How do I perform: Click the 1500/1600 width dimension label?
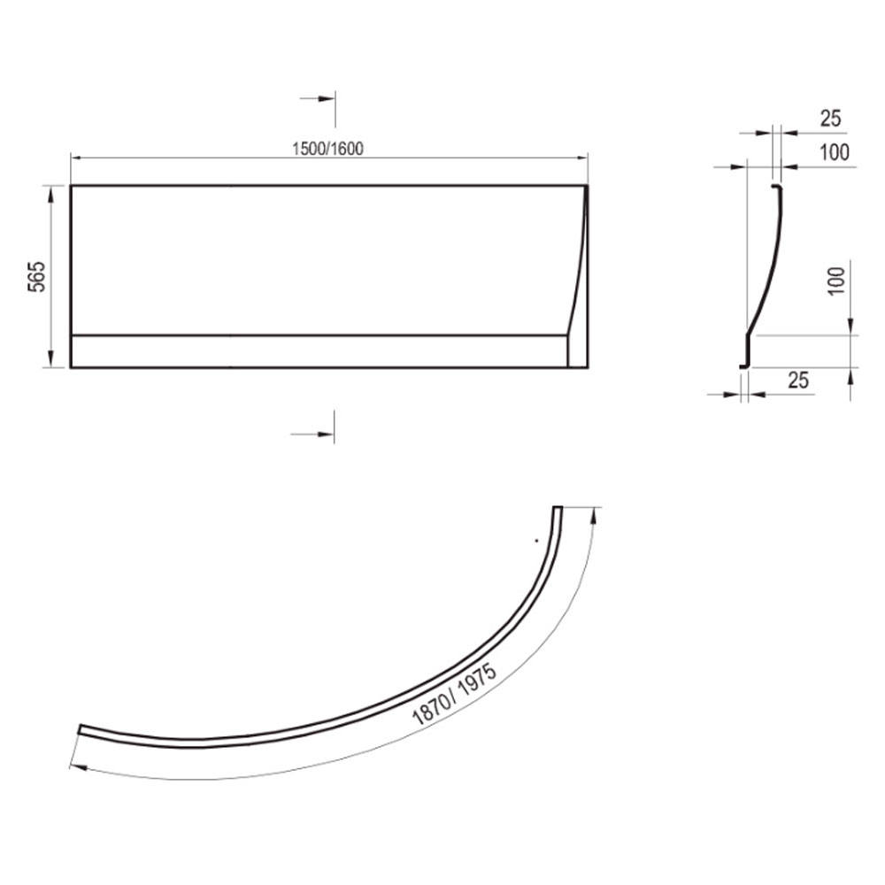(327, 149)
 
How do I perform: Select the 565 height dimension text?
(36, 276)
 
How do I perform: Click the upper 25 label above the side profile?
(830, 118)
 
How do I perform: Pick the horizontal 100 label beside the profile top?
(834, 152)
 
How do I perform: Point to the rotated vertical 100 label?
(836, 281)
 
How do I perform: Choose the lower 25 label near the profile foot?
(797, 380)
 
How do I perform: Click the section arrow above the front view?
(317, 99)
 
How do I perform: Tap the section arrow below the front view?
(312, 435)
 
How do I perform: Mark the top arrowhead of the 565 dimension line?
(51, 193)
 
